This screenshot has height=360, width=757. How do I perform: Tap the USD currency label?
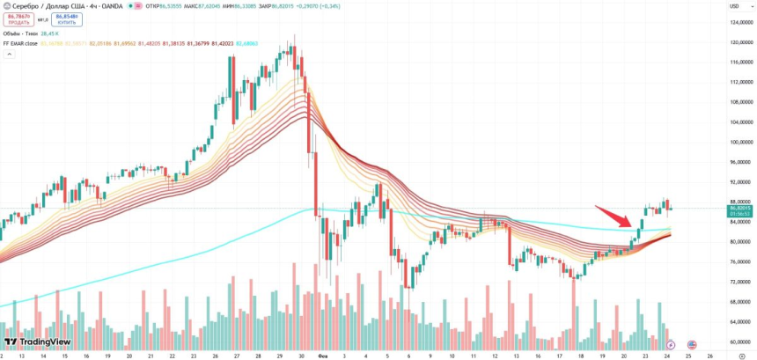[732, 7]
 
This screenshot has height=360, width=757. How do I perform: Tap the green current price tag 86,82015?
[739, 209]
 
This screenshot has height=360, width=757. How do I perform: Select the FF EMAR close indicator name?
[19, 43]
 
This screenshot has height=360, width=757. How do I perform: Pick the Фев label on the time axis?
[322, 356]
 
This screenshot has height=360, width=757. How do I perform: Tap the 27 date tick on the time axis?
[237, 356]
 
